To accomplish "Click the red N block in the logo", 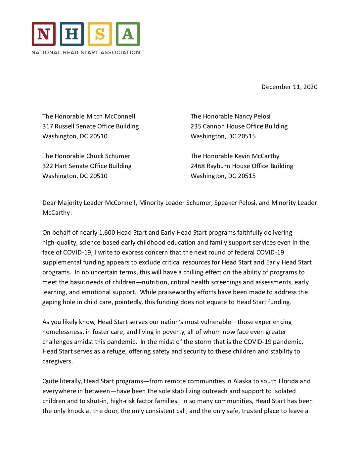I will point(44,34).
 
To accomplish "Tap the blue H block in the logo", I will point(72,34).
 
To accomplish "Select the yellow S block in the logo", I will point(100,34).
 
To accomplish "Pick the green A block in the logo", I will point(128,34).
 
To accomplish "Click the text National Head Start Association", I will point(86,52).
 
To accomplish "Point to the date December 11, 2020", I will point(290,87).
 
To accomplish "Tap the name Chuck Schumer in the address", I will point(108,156).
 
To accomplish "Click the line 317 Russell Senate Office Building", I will point(90,126).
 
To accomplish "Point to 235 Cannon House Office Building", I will point(239,126).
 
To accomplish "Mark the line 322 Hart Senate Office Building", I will point(87,166).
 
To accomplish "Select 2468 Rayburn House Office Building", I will point(242,166).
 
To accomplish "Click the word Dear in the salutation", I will point(49,203).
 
